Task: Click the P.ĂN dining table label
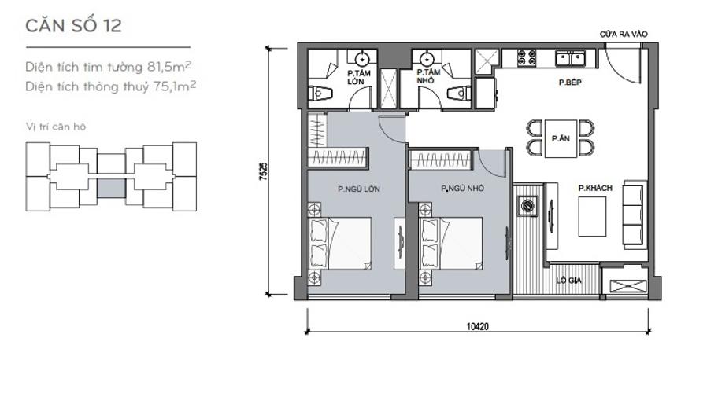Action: pyautogui.click(x=561, y=138)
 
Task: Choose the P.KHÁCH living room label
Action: pyautogui.click(x=592, y=188)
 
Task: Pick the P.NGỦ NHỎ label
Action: pyautogui.click(x=463, y=189)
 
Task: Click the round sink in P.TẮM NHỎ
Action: pyautogui.click(x=426, y=58)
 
